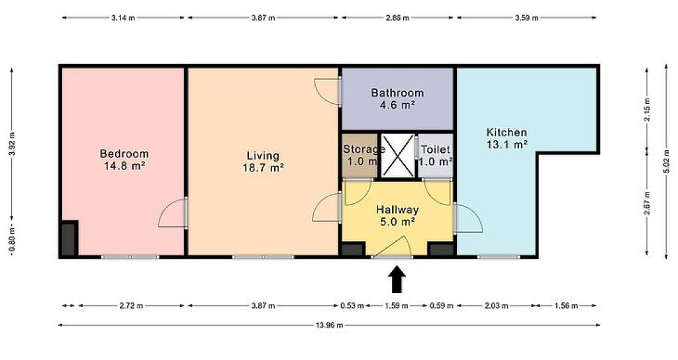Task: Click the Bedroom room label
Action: coord(124,159)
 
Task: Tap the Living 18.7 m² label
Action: coord(263,161)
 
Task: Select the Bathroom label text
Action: coord(397,93)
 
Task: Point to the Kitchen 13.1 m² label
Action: coord(507,138)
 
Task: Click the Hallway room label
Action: coord(397,215)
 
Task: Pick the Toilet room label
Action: coord(436,156)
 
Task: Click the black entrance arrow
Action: coord(397,279)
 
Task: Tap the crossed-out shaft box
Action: coord(397,155)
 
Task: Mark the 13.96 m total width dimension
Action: coord(329,325)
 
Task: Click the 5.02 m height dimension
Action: coord(666,161)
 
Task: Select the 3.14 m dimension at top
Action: coord(123,18)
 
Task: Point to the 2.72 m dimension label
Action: coord(131,306)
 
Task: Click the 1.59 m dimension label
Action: coord(397,306)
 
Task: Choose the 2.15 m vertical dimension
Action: coord(647,110)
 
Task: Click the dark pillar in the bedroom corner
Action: coord(69,238)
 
